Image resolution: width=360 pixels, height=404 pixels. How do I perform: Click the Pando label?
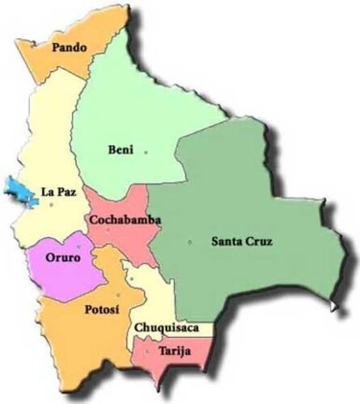coord(69,48)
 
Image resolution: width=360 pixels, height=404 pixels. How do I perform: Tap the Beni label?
coord(119,149)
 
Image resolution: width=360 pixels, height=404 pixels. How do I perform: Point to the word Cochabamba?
coord(125,220)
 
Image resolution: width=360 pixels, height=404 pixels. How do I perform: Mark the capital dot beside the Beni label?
coord(146,151)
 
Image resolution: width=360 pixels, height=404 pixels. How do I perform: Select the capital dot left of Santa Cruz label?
coord(189,241)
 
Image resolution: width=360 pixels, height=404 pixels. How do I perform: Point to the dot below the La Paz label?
coord(51,205)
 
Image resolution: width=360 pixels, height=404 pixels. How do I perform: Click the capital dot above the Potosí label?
coord(118,294)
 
